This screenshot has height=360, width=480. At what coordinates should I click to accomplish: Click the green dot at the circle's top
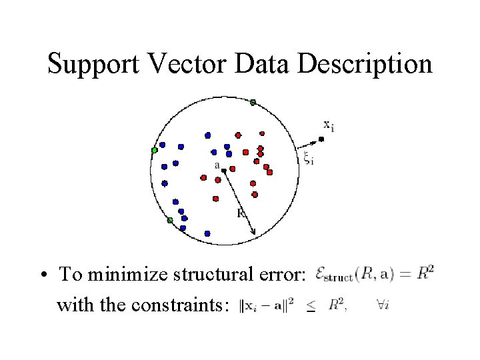click(253, 102)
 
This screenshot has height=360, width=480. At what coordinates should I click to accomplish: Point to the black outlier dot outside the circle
click(321, 139)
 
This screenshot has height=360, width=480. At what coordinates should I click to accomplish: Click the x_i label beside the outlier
click(329, 124)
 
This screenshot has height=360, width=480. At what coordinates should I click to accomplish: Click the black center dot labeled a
click(224, 171)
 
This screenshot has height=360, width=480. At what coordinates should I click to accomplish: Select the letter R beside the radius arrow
click(241, 213)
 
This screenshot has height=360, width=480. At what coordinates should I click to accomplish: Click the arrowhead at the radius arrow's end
click(253, 233)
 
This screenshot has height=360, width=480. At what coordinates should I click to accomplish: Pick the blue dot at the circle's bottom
click(207, 233)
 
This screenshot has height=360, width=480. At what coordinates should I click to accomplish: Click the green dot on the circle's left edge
click(155, 150)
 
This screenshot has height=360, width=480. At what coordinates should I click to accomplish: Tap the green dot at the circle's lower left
click(170, 220)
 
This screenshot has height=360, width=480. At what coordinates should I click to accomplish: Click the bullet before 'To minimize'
click(42, 275)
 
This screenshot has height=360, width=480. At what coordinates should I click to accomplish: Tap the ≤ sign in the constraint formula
click(312, 307)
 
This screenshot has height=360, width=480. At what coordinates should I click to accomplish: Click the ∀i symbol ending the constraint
click(383, 305)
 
